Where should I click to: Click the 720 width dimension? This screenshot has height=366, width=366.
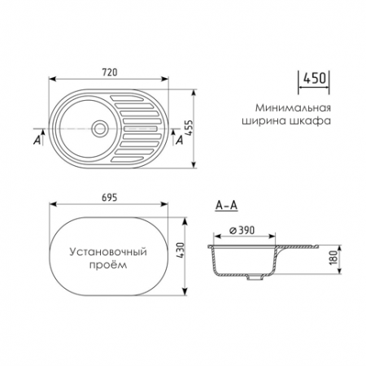pos(110,72)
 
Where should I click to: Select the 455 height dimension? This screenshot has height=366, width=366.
pos(189,129)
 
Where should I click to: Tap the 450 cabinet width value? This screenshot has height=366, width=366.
pos(314,78)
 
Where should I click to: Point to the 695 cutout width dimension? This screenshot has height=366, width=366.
pos(110,198)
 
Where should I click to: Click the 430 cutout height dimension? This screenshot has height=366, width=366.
pos(181,251)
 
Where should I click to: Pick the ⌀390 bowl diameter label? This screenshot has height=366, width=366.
pos(242,230)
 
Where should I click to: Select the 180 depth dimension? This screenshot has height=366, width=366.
pos(333,258)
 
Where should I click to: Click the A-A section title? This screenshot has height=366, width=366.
pos(226,206)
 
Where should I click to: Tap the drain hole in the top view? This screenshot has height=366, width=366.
pos(99,129)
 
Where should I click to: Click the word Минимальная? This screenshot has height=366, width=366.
pos(293,107)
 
